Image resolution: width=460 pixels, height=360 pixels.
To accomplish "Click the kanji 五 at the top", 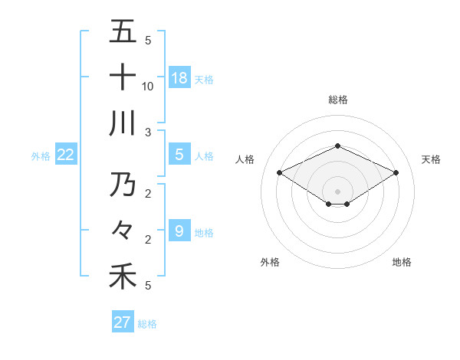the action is coord(123,32).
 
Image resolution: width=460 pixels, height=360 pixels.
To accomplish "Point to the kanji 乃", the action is coord(123,184).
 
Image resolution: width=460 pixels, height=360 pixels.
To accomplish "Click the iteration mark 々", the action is coord(123,229).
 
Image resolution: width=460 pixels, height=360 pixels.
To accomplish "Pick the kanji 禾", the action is coord(123,276).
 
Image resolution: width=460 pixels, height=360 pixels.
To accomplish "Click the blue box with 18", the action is coord(179,77).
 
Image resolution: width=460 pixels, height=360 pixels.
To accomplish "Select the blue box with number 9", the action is coord(179,231).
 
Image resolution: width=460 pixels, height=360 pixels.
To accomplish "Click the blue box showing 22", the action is coord(66,155).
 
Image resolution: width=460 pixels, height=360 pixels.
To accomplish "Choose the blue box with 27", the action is coord(123,322).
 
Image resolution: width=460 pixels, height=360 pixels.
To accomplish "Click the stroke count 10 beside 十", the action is coord(148,86).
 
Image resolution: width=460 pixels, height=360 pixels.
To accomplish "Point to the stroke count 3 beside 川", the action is coord(148,132).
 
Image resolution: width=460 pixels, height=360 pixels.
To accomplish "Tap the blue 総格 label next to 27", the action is coord(147,324).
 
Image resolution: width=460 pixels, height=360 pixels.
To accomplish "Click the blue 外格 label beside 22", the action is coord(41,156).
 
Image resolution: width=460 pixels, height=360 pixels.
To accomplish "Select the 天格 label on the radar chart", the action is coord(431,159).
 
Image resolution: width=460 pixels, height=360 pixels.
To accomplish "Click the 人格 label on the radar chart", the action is coord(245,159).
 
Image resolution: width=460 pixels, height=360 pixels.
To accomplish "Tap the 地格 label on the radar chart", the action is coord(402,262).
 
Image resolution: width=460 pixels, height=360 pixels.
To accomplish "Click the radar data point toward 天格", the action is coord(396,172).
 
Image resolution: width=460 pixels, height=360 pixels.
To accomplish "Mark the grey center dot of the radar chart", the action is coord(337,191).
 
